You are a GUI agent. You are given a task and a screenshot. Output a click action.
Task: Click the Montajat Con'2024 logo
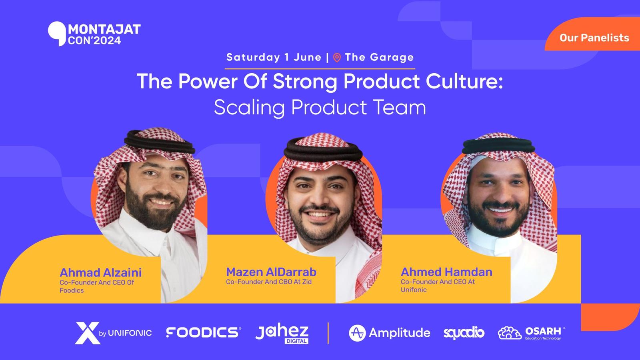click(x=94, y=34)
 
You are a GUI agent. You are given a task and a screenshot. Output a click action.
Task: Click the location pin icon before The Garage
click(x=337, y=58)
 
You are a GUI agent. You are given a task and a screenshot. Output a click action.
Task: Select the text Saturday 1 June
click(x=274, y=57)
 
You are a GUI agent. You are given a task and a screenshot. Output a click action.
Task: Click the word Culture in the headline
click(x=464, y=82)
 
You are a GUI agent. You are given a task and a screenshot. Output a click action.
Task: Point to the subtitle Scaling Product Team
click(x=320, y=108)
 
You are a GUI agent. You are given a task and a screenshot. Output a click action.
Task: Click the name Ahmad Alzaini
click(x=100, y=272)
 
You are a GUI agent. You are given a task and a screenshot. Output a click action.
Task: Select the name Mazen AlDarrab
click(x=271, y=272)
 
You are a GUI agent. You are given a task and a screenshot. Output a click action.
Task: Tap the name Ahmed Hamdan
click(x=446, y=272)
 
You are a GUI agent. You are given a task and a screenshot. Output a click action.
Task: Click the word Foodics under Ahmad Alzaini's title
click(x=72, y=290)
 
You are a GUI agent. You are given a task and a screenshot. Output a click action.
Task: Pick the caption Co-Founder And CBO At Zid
click(x=268, y=282)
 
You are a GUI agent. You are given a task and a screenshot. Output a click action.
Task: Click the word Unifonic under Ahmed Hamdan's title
click(x=414, y=290)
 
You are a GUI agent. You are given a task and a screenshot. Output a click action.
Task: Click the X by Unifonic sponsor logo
click(x=114, y=333)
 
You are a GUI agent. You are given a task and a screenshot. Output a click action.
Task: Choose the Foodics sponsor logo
click(x=204, y=332)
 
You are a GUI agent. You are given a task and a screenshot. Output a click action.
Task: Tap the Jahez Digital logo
click(x=282, y=334)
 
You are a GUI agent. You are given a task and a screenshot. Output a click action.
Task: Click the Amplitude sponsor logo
click(x=390, y=333)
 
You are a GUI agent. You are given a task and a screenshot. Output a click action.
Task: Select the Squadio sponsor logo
click(x=464, y=333)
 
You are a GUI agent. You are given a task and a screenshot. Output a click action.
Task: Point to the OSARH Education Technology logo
click(x=532, y=333)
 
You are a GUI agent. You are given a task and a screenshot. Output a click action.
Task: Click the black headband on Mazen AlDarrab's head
click(x=323, y=152)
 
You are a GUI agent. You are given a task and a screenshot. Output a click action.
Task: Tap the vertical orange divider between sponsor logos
click(x=328, y=333)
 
